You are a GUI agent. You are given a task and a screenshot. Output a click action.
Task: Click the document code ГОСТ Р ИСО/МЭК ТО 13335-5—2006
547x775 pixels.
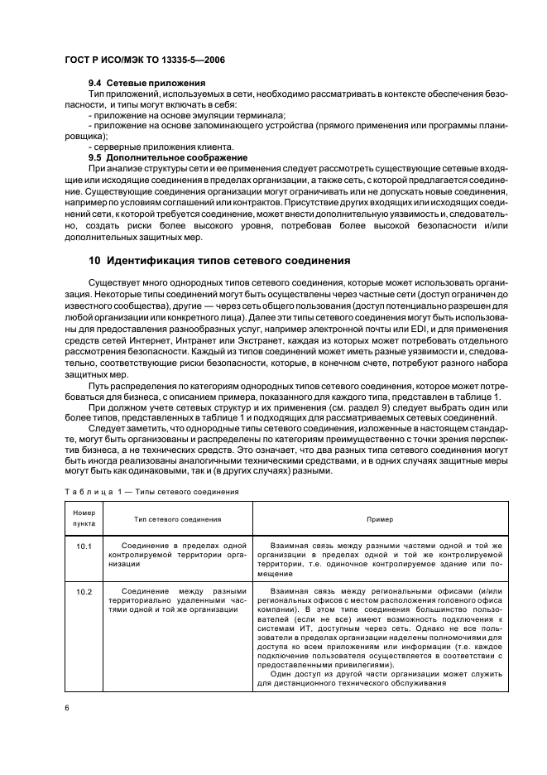pyautogui.click(x=145, y=60)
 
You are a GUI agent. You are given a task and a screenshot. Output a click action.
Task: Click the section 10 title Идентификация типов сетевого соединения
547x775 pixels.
pyautogui.click(x=219, y=260)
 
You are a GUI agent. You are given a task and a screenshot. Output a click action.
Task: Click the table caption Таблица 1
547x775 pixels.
pyautogui.click(x=151, y=491)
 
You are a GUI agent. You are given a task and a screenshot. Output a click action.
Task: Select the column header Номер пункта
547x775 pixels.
pyautogui.click(x=85, y=518)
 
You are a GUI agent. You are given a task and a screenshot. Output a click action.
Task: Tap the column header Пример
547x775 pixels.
pyautogui.click(x=380, y=519)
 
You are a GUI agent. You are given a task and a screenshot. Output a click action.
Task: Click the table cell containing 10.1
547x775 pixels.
pyautogui.click(x=85, y=546)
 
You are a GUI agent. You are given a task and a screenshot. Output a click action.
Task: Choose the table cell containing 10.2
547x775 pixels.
pyautogui.click(x=85, y=591)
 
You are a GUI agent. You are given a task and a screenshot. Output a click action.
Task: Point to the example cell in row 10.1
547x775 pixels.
pyautogui.click(x=380, y=559)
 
